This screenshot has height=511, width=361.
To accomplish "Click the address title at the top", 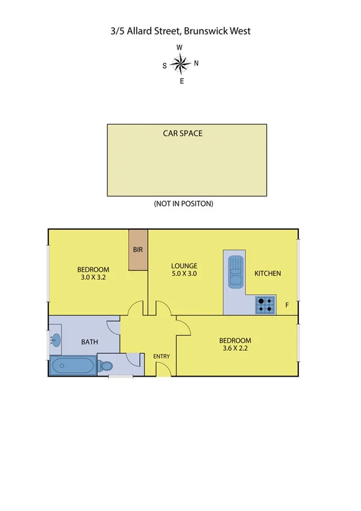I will pos(180,30).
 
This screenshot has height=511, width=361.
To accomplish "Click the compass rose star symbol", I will pos(180,63).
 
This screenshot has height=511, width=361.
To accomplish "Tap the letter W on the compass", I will pos(179,48).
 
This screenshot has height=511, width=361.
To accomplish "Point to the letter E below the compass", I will pos(181,81).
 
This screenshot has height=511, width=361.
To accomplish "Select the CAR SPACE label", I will pos(183,133).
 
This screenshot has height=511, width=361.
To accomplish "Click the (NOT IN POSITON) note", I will pos(184,204).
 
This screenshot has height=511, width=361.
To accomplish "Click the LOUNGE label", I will pos(184,266).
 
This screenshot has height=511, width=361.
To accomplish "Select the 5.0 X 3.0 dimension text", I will pos(184,274).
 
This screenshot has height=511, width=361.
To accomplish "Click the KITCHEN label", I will pos(268,274).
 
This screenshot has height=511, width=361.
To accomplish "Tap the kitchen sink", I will pos(235,272).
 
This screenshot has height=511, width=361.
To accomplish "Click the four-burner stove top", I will pos(264,306).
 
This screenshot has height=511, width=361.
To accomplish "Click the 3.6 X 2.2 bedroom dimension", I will pos(234,348).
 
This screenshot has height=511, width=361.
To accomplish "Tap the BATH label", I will pos(90,342).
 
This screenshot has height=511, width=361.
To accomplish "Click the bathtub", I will pos(72,365).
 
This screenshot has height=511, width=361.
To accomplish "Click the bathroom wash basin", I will pos(55,341).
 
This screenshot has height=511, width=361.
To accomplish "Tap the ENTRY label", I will pos(162,356).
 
